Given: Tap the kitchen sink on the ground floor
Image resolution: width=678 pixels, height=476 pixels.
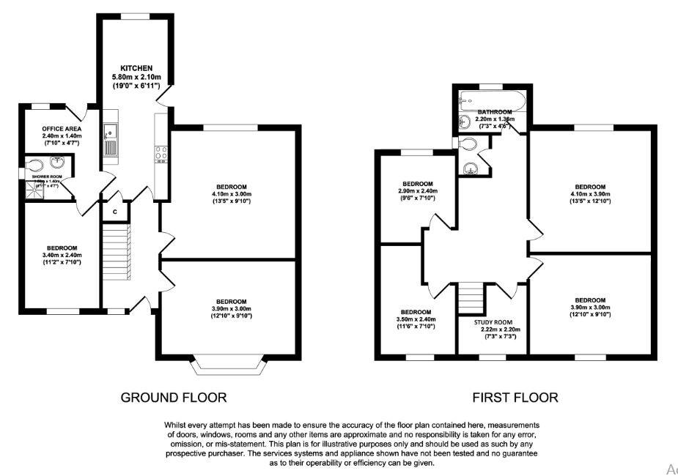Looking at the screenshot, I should pyautogui.click(x=109, y=140).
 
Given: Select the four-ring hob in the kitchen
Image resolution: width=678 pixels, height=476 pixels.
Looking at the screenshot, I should pyautogui.click(x=161, y=154).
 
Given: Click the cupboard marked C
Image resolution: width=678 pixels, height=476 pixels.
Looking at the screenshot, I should pyautogui.click(x=115, y=211).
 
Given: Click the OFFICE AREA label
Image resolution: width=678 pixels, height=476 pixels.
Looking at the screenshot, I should pyautogui.click(x=60, y=129).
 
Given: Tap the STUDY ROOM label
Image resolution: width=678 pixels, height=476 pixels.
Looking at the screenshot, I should pyautogui.click(x=492, y=322).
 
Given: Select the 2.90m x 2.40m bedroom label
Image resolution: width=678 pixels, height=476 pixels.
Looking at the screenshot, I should pyautogui.click(x=417, y=184).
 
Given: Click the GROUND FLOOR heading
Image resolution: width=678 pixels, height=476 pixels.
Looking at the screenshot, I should pyautogui.click(x=174, y=398).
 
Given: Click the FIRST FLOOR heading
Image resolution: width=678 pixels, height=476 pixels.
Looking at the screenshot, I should pyautogui.click(x=515, y=398).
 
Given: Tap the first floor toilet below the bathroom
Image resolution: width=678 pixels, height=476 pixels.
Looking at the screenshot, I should pyautogui.click(x=466, y=144).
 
